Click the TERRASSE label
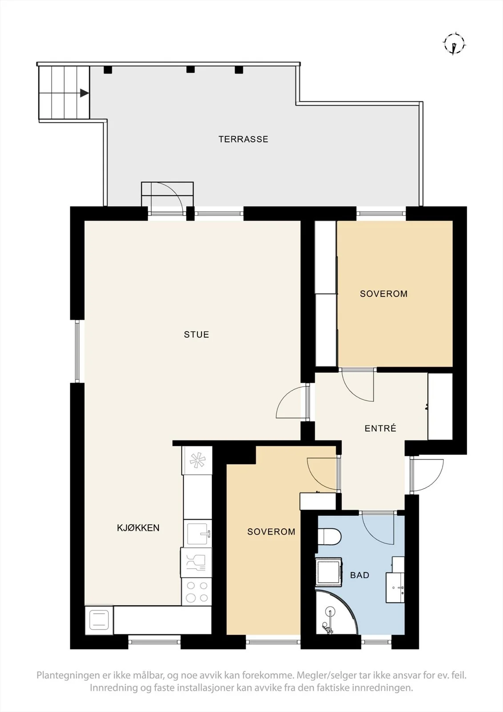[x=243, y=139]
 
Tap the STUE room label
[x=197, y=334]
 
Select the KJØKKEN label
[x=138, y=528]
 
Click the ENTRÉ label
[x=380, y=428]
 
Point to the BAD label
[x=360, y=575]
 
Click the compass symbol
[x=455, y=44]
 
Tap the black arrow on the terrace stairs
[x=84, y=93]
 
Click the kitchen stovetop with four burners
[x=197, y=591]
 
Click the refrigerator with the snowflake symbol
[x=197, y=460]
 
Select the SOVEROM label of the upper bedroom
[x=383, y=294]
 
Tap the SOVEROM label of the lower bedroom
[x=271, y=531]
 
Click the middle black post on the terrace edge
[x=190, y=69]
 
